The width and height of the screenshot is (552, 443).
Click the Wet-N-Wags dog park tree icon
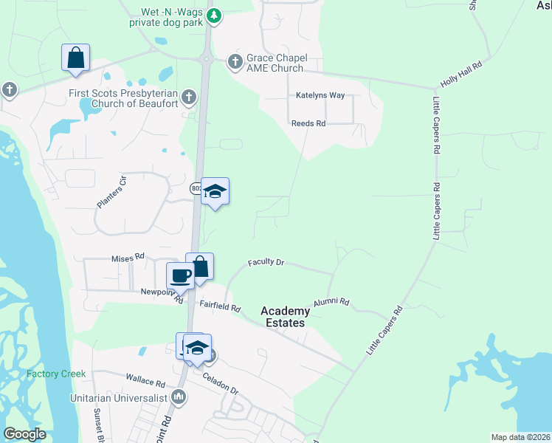coord(213,15)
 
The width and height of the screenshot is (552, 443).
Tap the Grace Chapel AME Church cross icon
coord(235,61)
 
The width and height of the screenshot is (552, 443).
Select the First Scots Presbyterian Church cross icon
coord(189,96)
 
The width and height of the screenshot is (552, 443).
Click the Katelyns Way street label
coord(320,96)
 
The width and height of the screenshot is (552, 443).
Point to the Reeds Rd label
coord(308,123)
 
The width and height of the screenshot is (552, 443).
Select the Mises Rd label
coord(127,258)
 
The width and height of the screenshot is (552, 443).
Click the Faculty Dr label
coord(266,262)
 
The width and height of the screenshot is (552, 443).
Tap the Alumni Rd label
coord(330,303)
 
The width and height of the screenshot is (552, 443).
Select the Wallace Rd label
coord(145,382)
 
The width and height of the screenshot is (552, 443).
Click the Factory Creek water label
coord(51,374)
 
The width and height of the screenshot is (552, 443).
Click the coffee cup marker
coord(180,276)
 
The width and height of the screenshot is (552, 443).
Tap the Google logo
coord(25,434)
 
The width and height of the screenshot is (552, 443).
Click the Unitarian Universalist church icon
coord(178,397)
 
